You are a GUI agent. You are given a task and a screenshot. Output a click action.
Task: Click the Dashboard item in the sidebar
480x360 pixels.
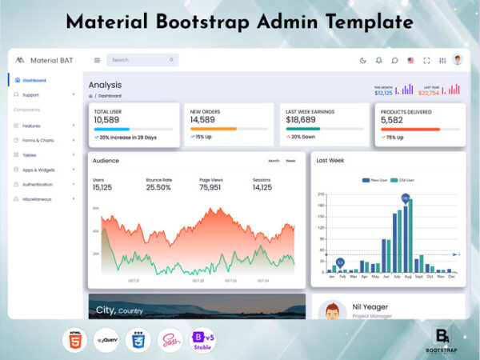coord(34,80)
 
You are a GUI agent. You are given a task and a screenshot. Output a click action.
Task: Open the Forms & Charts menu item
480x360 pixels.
coord(38,140)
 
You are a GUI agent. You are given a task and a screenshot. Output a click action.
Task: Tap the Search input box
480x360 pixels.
coord(141,60)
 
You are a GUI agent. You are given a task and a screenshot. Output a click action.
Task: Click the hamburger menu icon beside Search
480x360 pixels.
coord(98,60)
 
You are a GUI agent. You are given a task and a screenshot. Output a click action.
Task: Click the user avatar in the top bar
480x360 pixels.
coord(457,60)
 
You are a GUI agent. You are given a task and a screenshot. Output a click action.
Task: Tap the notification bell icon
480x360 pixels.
coord(378,60)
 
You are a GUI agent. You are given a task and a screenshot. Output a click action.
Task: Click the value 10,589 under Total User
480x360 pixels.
coord(106,120)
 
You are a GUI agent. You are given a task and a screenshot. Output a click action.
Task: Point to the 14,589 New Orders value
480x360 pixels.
coord(202,120)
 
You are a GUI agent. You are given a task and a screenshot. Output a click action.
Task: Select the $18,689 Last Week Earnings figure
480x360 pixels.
coord(300,120)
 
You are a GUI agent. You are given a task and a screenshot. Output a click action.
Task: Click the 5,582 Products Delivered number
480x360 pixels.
coord(392,120)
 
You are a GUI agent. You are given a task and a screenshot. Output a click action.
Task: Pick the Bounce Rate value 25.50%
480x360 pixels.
coord(158,187)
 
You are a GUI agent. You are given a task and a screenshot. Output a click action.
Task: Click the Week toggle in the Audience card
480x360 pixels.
coord(290,161)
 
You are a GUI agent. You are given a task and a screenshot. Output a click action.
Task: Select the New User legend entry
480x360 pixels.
coord(375,180)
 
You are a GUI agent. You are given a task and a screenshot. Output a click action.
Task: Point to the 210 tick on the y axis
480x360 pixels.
coord(321,194)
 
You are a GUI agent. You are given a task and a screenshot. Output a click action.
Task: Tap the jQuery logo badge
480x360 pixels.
coord(106,339)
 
